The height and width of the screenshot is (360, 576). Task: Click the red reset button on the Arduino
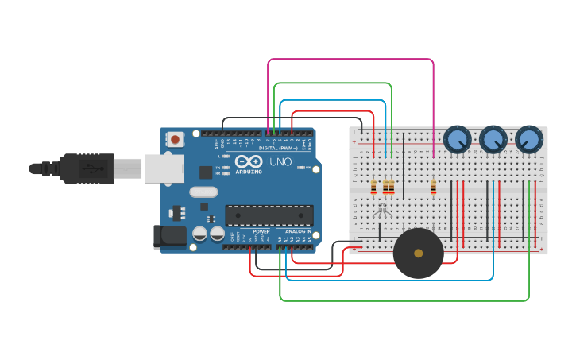(175, 140)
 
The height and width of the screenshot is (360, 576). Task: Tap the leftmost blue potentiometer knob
(456, 140)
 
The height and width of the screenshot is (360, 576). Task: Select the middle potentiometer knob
(493, 140)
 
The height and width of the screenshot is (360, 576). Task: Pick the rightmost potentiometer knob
(528, 140)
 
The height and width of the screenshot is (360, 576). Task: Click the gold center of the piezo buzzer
(419, 254)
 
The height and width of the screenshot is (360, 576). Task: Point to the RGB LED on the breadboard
(382, 210)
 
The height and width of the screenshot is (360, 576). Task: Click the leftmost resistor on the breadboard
(374, 187)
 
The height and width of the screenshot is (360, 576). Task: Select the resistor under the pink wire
(433, 188)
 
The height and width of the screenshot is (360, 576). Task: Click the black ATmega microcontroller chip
(269, 215)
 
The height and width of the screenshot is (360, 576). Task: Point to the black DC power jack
(168, 235)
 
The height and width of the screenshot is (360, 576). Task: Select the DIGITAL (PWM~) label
(278, 149)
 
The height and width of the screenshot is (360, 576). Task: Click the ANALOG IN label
(298, 231)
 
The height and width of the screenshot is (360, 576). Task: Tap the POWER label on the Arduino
(261, 231)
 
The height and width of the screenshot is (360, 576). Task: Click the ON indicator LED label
(307, 168)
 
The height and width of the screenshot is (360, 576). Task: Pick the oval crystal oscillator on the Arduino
(203, 192)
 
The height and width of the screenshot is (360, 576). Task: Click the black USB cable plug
(87, 168)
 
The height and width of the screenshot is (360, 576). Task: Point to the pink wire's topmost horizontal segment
(350, 60)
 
